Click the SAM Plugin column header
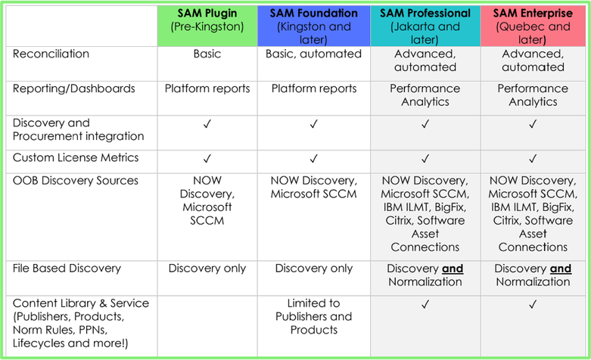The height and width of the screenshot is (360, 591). [207, 20]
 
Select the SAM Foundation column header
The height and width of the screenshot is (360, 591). [313, 26]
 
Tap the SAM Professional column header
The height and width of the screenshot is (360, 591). [425, 26]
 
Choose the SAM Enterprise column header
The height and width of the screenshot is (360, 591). [533, 26]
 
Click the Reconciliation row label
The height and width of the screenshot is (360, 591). [51, 54]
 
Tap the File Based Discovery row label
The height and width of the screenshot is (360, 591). [67, 268]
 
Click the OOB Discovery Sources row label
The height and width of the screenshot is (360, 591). [76, 181]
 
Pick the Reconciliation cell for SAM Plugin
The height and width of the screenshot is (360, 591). [207, 54]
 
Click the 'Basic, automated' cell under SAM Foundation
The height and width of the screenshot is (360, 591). [313, 54]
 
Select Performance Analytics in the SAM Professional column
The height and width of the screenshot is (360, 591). [425, 95]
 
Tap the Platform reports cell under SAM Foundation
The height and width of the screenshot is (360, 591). [313, 88]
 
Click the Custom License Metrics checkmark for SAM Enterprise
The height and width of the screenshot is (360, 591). [533, 159]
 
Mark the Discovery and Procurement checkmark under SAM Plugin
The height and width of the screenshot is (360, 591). [207, 124]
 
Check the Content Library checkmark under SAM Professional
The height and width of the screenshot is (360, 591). [425, 304]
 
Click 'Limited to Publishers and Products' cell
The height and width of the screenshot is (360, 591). [313, 316]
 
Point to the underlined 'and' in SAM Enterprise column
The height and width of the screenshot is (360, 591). [561, 268]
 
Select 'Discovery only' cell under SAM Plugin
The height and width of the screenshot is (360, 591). [207, 268]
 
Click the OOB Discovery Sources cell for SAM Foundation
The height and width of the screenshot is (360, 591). [313, 188]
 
